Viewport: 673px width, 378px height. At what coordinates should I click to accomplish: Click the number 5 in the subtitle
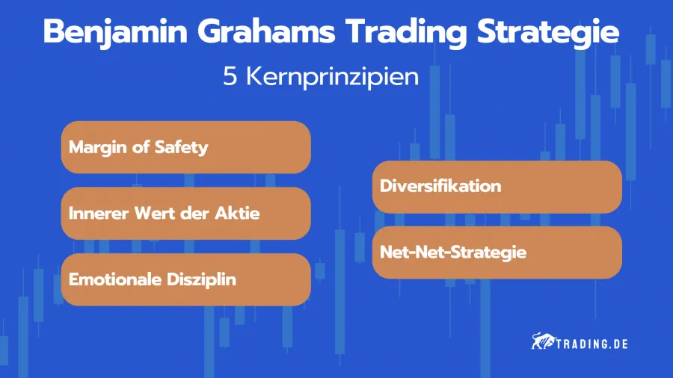(230, 77)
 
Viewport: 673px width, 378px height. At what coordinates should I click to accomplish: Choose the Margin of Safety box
(185, 147)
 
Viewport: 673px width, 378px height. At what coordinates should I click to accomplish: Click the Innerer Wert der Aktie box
(185, 213)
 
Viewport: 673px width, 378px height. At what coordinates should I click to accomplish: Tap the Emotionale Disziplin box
(185, 279)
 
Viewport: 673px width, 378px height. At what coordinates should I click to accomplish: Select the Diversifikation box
(497, 186)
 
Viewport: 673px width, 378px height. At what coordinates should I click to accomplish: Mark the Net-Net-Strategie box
(497, 252)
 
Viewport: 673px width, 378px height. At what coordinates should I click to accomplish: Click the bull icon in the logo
(540, 342)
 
